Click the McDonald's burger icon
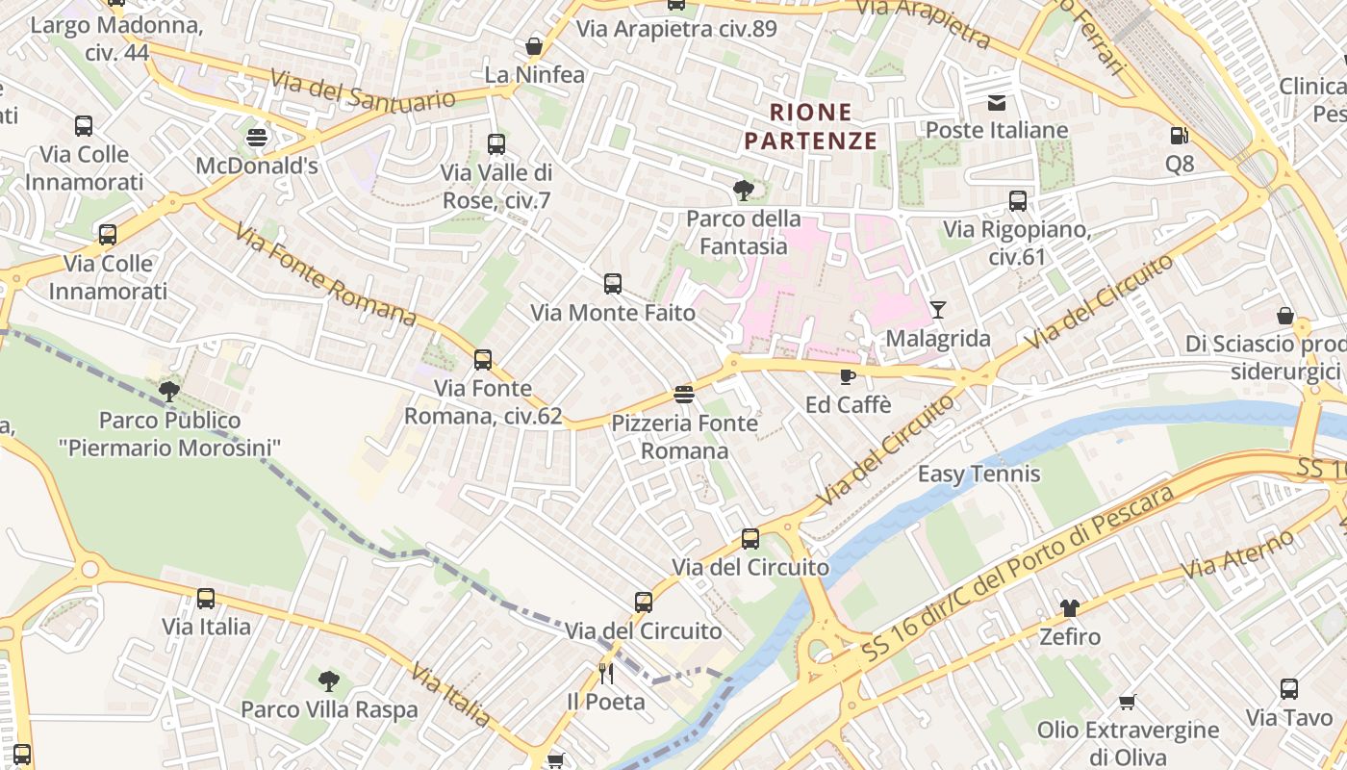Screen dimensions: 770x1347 click(x=256, y=137)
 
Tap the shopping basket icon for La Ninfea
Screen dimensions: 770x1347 click(x=534, y=45)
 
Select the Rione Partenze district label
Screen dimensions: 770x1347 click(x=810, y=127)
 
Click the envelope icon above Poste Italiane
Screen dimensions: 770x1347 click(x=997, y=102)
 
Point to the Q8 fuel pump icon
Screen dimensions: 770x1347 click(x=1179, y=136)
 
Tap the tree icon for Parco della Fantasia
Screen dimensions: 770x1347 click(x=742, y=190)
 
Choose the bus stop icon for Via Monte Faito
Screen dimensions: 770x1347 click(x=613, y=284)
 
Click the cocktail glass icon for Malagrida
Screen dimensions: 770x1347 click(x=938, y=309)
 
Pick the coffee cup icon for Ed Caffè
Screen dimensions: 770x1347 click(x=848, y=376)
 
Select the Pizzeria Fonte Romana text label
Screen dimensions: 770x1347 click(x=685, y=437)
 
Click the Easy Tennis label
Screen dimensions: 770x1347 click(x=978, y=474)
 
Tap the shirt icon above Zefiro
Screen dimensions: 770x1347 click(x=1070, y=607)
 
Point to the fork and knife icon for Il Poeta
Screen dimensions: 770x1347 click(x=605, y=673)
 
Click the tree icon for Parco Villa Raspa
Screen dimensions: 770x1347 click(x=329, y=681)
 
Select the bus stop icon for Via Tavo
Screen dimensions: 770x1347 click(x=1289, y=689)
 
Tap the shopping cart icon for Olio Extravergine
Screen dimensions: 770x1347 click(x=1127, y=702)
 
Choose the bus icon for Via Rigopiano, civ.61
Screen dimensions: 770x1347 click(x=1018, y=201)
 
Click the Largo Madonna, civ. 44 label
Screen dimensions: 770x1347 click(x=116, y=38)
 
